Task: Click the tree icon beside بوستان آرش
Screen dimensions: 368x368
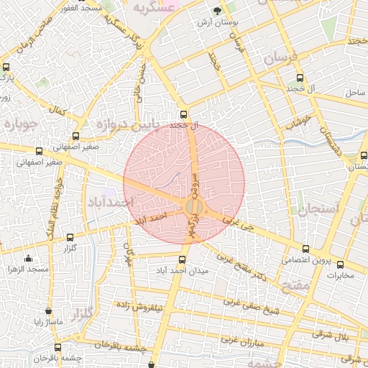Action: pos(218,11)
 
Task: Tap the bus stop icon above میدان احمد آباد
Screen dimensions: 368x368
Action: pos(181,259)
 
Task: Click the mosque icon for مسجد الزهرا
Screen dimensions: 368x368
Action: pos(28,259)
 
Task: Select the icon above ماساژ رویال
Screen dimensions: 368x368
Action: pos(48,312)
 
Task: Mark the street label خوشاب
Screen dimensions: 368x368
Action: pos(298,121)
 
